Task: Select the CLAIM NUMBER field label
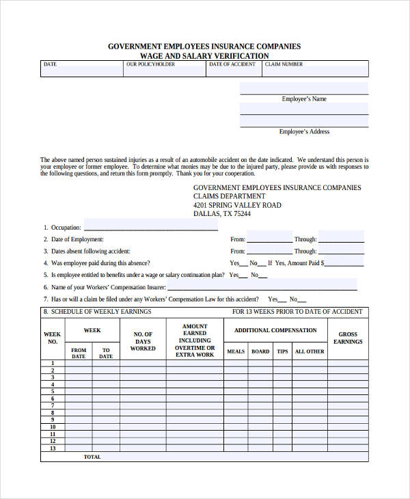click(x=284, y=64)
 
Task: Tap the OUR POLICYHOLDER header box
click(x=164, y=69)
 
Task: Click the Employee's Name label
click(x=304, y=99)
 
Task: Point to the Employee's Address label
click(x=304, y=132)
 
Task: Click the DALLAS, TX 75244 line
click(x=222, y=214)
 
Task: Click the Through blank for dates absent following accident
click(x=341, y=252)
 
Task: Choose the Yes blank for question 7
click(x=282, y=300)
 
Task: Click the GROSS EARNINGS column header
click(x=348, y=338)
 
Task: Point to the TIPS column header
click(x=282, y=351)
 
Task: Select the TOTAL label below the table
click(x=92, y=457)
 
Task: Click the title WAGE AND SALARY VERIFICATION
click(x=204, y=55)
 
